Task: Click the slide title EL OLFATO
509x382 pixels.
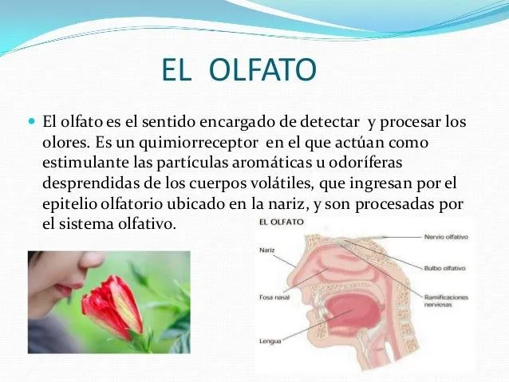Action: click(239, 73)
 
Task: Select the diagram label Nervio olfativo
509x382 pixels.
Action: click(446, 237)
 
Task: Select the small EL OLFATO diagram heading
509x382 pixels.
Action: click(279, 223)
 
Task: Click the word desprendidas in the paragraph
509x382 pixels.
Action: click(85, 183)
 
